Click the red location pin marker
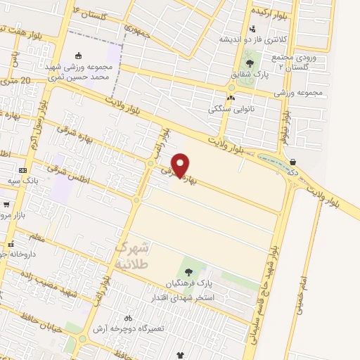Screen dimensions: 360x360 point(181,165)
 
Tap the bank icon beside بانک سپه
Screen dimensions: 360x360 point(23,170)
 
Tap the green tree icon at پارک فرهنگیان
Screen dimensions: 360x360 point(188,271)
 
